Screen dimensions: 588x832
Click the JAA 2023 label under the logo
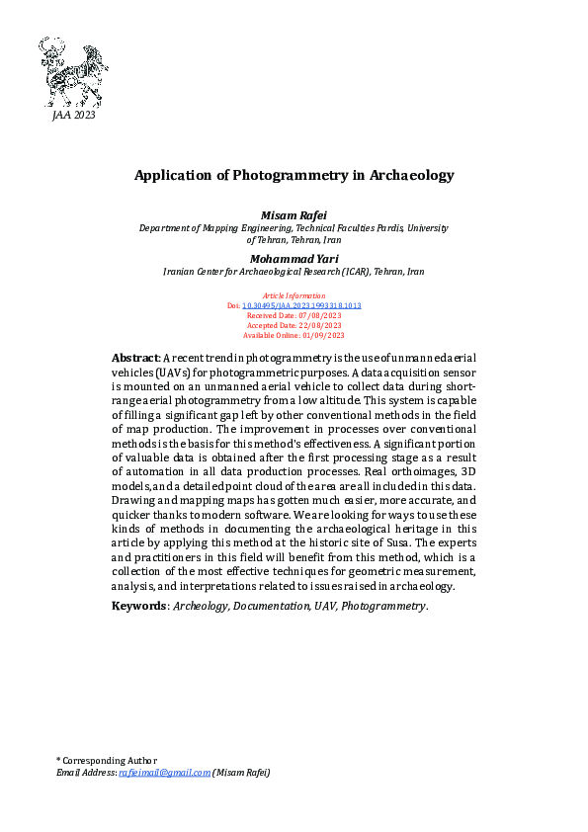[73, 117]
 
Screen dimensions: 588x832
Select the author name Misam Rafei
[293, 214]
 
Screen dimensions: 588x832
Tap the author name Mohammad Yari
[293, 258]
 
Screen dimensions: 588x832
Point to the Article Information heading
[294, 295]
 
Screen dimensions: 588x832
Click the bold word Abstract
[134, 357]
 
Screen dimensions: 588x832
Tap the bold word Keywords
[138, 605]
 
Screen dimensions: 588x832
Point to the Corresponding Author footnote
[108, 760]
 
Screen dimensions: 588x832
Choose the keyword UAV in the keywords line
[325, 605]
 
